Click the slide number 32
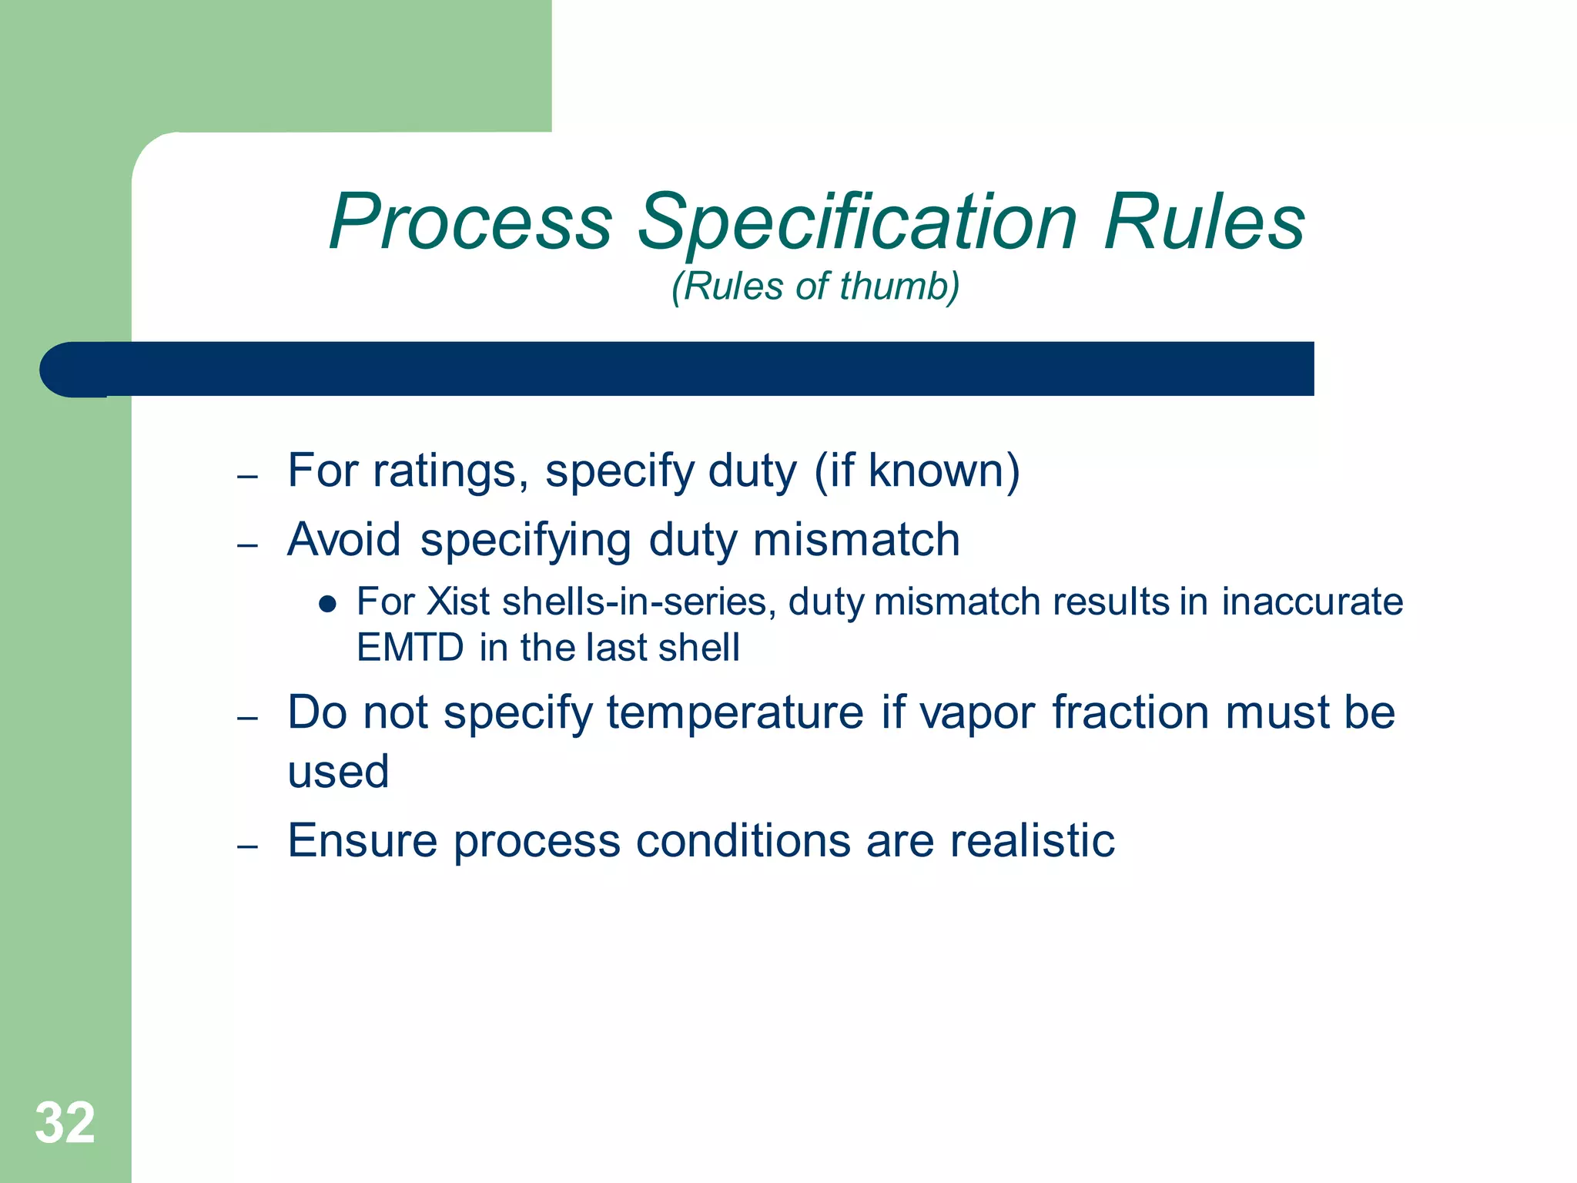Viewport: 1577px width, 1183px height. pos(65,1123)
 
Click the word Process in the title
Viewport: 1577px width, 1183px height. pos(470,223)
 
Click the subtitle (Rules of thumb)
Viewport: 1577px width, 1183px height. pos(815,287)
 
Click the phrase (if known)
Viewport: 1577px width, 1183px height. pos(916,471)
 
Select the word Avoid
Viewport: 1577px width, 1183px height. pos(344,539)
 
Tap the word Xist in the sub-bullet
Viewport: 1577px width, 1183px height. pos(458,602)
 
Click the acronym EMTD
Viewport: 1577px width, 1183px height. pos(410,647)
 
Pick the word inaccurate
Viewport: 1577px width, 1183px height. pos(1312,602)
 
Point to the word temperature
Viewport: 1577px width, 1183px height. pos(735,712)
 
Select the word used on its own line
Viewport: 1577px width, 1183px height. pos(338,772)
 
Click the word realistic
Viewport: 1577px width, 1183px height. pos(1032,840)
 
